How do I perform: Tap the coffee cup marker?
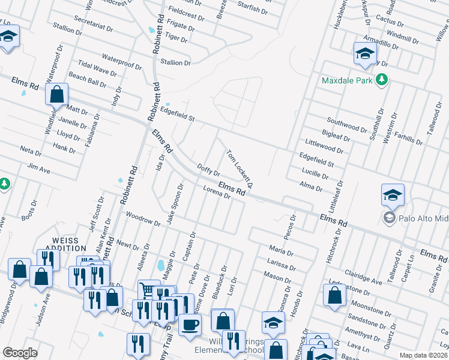tap(190, 325)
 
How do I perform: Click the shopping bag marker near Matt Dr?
tap(56, 95)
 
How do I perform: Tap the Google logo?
tap(20, 353)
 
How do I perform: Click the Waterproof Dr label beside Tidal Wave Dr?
tap(121, 59)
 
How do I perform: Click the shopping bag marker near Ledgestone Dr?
tap(334, 295)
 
